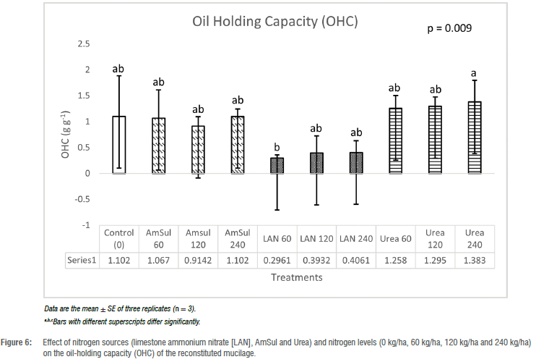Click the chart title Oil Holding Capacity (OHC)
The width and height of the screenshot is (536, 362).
point(275,21)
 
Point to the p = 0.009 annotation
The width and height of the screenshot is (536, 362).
point(452,30)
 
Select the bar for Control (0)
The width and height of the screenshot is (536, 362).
point(119,145)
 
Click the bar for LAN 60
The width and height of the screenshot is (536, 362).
point(277,165)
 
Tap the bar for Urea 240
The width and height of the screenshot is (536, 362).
point(474,138)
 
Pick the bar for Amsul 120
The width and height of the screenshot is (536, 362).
point(198,150)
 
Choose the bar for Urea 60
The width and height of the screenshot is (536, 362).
point(394,140)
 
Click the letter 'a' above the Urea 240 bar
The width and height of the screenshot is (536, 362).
point(474,73)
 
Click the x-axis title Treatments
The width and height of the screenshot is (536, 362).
point(296,277)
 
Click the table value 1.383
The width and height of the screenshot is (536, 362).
point(474,259)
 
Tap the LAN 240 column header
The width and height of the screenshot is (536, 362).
point(355,238)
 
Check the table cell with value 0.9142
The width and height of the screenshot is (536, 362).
point(198,259)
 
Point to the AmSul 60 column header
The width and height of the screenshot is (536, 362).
point(158,238)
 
